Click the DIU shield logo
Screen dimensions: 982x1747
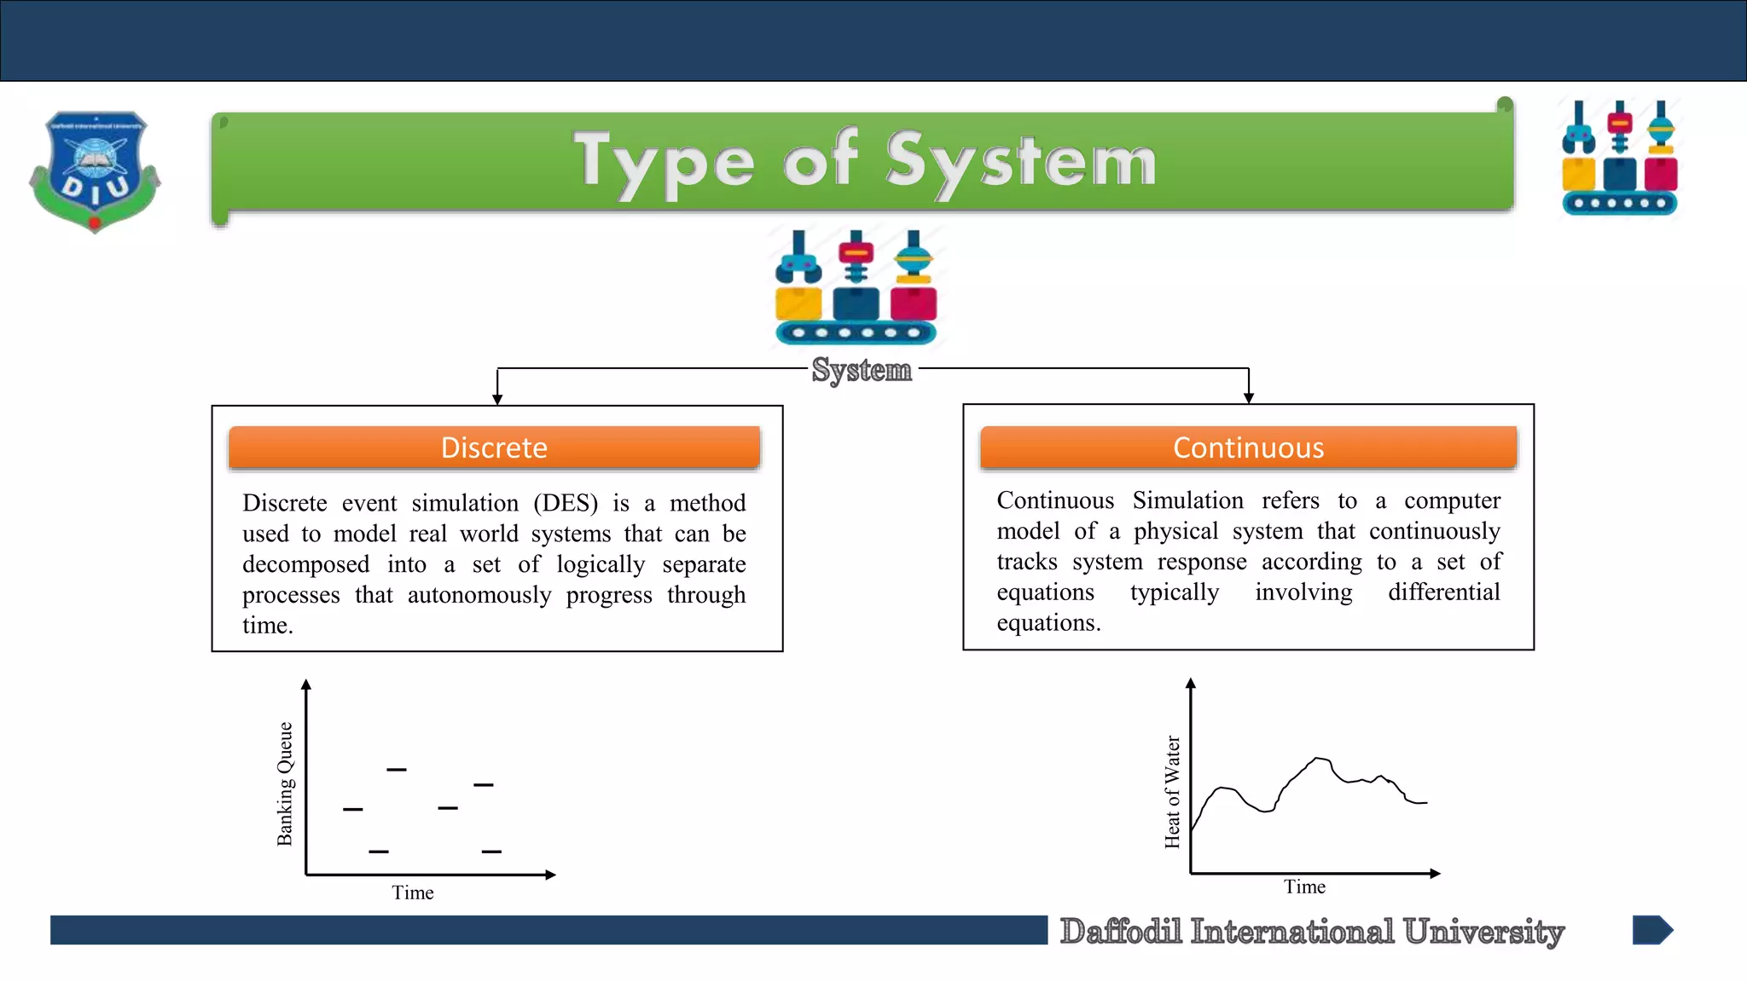click(95, 170)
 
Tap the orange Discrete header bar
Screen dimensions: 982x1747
click(494, 448)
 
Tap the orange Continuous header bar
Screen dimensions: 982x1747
click(1248, 448)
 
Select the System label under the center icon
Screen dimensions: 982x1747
click(862, 370)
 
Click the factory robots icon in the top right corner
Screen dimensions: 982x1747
click(1619, 159)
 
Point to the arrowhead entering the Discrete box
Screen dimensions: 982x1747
click(497, 399)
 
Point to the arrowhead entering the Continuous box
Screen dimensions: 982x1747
click(1249, 397)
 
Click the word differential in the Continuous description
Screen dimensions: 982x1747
click(1443, 592)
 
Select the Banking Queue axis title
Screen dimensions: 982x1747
click(285, 783)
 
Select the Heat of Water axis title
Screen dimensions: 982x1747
click(1173, 792)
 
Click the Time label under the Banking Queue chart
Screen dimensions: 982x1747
click(413, 892)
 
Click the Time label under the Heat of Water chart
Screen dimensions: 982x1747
click(1304, 887)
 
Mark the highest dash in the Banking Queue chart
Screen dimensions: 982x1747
click(397, 770)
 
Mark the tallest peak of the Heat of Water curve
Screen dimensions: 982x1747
click(1320, 758)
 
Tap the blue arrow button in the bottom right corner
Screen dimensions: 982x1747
click(1652, 930)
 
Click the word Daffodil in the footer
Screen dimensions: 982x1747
click(1120, 931)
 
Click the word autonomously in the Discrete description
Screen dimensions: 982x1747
click(479, 595)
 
